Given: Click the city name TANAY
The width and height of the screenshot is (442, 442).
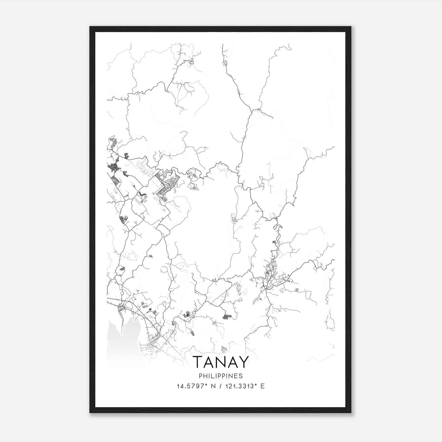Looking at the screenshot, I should tap(221, 362).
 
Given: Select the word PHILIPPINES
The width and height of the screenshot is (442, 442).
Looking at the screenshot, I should tap(221, 376).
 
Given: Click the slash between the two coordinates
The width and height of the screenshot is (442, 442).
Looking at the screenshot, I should tap(220, 386).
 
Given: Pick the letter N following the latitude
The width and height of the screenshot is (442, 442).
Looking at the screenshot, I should tap(213, 386).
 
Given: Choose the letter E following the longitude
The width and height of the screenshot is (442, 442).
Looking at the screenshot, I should tap(262, 386).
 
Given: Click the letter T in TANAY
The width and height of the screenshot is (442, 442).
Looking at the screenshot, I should tap(198, 362).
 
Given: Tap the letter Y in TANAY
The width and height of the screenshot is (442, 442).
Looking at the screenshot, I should tap(243, 362).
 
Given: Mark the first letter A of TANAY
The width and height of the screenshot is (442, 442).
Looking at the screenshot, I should tap(209, 362).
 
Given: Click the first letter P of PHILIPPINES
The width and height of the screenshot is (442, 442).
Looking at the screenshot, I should tap(200, 376).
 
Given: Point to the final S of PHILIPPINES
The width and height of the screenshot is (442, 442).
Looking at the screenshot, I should tap(241, 376).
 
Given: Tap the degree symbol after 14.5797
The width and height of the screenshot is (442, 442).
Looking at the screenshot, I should tap(206, 385).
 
